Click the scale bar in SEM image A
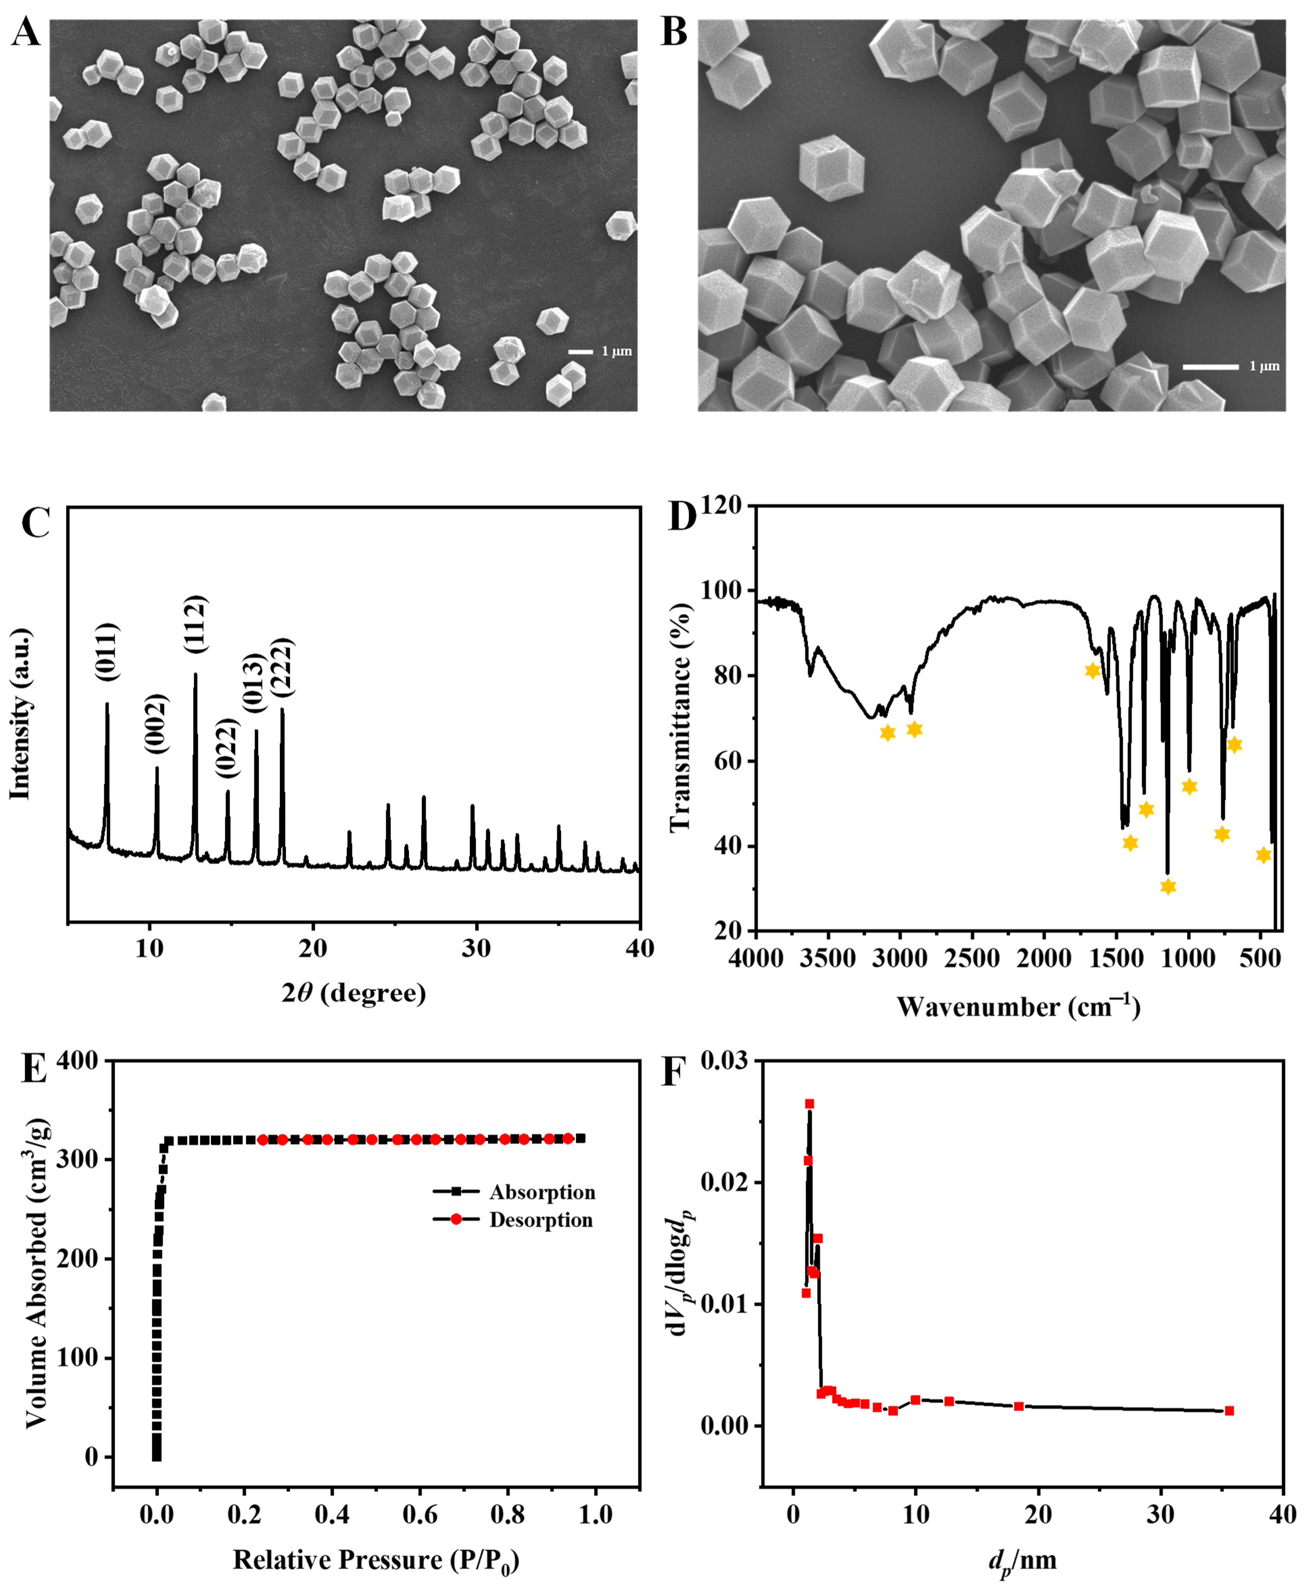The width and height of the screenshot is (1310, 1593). point(580,352)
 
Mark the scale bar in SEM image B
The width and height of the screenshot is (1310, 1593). point(1210,367)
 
